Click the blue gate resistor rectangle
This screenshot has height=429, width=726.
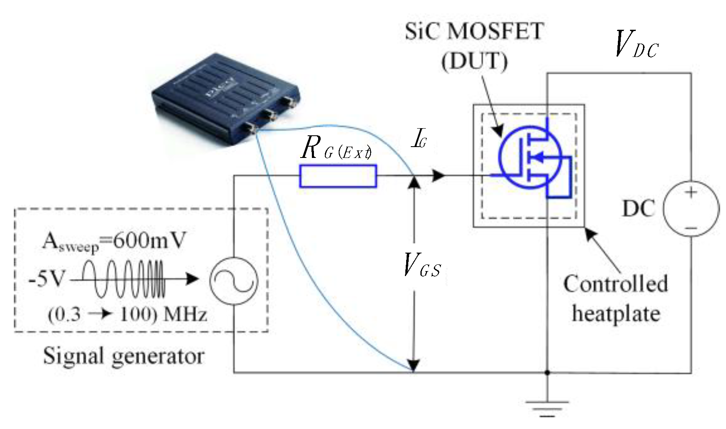pos(338,176)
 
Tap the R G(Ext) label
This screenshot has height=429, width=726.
pos(335,149)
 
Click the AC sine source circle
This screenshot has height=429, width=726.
pos(233,279)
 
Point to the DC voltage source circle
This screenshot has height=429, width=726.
pos(691,209)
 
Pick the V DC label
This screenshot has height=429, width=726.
pos(635,44)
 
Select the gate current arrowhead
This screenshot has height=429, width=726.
pos(438,176)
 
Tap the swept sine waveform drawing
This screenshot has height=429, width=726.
pos(124,278)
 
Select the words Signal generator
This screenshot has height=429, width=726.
pos(124,357)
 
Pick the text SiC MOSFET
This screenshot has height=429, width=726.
pos(474,31)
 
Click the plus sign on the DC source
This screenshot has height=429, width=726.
pos(691,192)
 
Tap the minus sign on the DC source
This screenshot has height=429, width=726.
pos(691,228)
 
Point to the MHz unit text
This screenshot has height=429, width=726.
pos(184,314)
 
